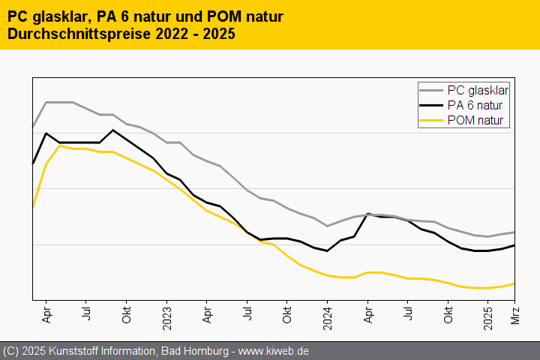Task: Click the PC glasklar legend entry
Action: pos(478,90)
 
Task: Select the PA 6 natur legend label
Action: pos(475,105)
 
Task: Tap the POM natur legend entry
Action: pos(475,120)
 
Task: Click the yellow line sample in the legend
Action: pos(431,120)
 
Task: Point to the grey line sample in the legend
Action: pos(431,90)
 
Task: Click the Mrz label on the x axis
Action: pos(515,315)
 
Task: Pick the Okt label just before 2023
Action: pos(126,314)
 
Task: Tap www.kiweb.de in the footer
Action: pos(274,351)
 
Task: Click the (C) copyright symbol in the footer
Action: pos(10,351)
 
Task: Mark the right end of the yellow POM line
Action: pos(514,283)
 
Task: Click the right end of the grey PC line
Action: pos(514,232)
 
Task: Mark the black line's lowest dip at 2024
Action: pos(328,250)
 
